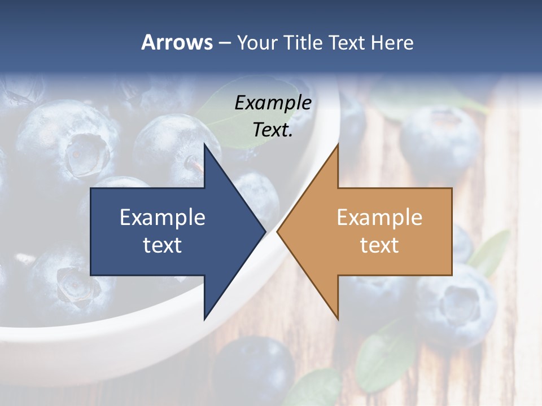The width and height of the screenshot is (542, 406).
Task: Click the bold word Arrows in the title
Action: [177, 42]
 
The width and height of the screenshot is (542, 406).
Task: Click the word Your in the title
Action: [257, 42]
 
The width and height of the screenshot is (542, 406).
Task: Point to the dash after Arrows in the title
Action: [224, 43]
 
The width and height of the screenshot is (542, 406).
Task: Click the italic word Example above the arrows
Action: [273, 103]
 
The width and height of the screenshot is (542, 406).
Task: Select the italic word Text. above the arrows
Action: [273, 130]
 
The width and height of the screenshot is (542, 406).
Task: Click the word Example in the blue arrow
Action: [163, 217]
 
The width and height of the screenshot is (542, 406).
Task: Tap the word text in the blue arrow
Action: [163, 245]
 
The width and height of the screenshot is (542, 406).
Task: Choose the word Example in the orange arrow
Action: [379, 217]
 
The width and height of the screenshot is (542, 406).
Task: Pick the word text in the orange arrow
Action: [379, 245]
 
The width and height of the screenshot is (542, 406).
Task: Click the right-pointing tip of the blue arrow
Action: [265, 231]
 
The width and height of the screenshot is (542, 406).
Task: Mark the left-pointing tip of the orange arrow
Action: [278, 231]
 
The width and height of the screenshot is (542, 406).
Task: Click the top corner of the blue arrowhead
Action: [204, 144]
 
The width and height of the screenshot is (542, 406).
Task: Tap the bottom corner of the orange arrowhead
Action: [338, 319]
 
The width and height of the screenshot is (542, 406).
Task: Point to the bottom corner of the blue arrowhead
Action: [204, 319]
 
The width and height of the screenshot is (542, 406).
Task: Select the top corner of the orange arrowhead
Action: [338, 144]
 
